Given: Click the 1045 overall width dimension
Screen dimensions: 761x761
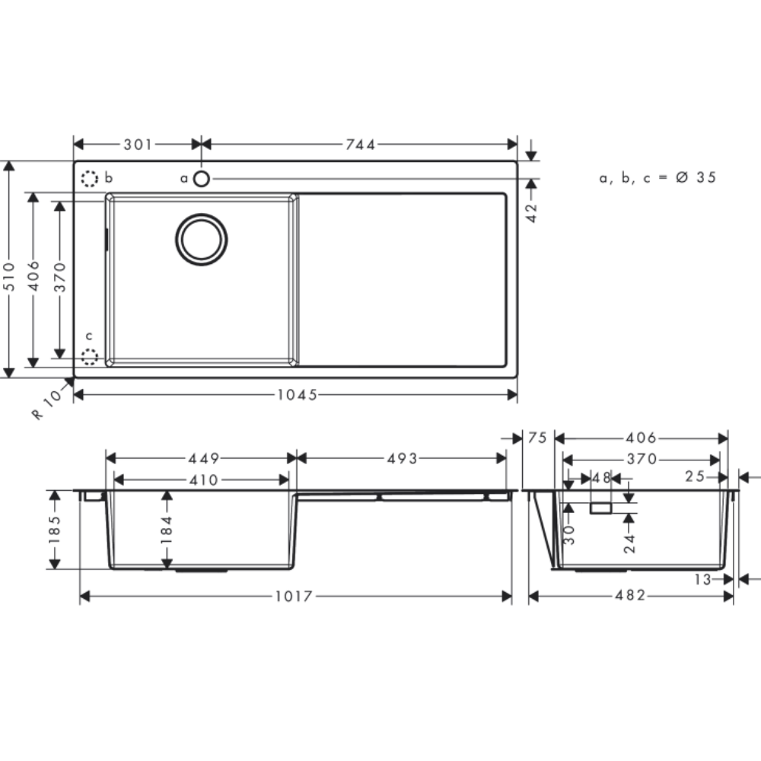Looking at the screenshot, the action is [x=297, y=394].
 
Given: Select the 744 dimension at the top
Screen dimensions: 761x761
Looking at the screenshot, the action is [x=360, y=144].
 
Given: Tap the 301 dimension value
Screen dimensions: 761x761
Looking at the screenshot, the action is [x=138, y=144].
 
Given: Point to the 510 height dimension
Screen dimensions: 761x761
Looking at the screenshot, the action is [x=9, y=276].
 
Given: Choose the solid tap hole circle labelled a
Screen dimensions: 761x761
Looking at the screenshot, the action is [x=202, y=179].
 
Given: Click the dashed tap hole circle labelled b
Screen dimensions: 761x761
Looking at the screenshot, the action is [x=89, y=179].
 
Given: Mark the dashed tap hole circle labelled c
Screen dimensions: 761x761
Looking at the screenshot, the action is [x=89, y=357].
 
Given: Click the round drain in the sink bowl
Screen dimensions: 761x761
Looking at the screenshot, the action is [x=202, y=239].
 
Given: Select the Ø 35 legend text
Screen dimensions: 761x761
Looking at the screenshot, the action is [x=696, y=177].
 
